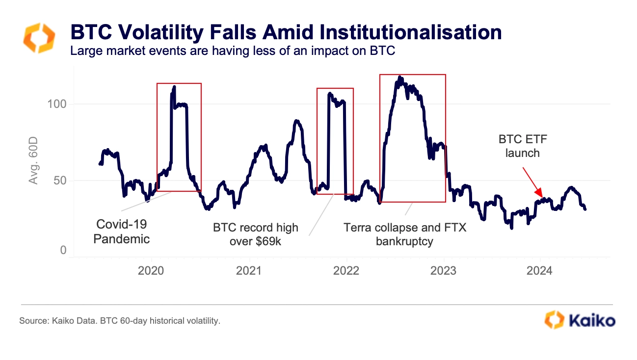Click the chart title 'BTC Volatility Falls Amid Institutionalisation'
coord(286,32)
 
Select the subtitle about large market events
coord(233,51)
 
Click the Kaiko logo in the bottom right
coord(580,321)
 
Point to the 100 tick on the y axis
coord(57,104)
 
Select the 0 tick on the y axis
coord(63,251)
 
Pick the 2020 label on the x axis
coord(151,271)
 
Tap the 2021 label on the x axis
coord(249,271)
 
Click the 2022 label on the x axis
coord(346,271)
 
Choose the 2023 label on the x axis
coord(444,271)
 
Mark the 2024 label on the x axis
coord(541,271)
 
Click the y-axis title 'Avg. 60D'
coord(33,161)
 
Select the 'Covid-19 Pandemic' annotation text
coord(122,231)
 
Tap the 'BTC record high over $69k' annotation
coord(255,234)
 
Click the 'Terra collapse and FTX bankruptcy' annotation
coord(404,234)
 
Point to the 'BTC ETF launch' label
coord(523,146)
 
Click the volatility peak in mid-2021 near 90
coord(296,121)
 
